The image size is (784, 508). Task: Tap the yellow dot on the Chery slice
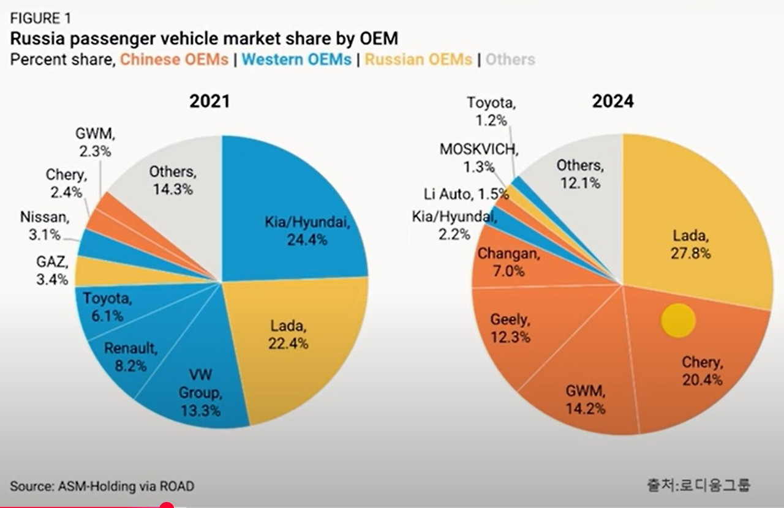[x=678, y=320]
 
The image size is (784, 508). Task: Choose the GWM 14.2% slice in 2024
[x=582, y=392]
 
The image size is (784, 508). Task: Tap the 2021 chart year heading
[x=209, y=101]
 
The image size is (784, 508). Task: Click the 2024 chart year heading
[x=612, y=101]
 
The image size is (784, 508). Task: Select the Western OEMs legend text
[x=296, y=60]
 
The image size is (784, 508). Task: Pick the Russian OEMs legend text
[x=418, y=60]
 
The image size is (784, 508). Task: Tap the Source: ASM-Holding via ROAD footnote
[x=102, y=487]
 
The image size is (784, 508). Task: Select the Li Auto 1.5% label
[x=466, y=194]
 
